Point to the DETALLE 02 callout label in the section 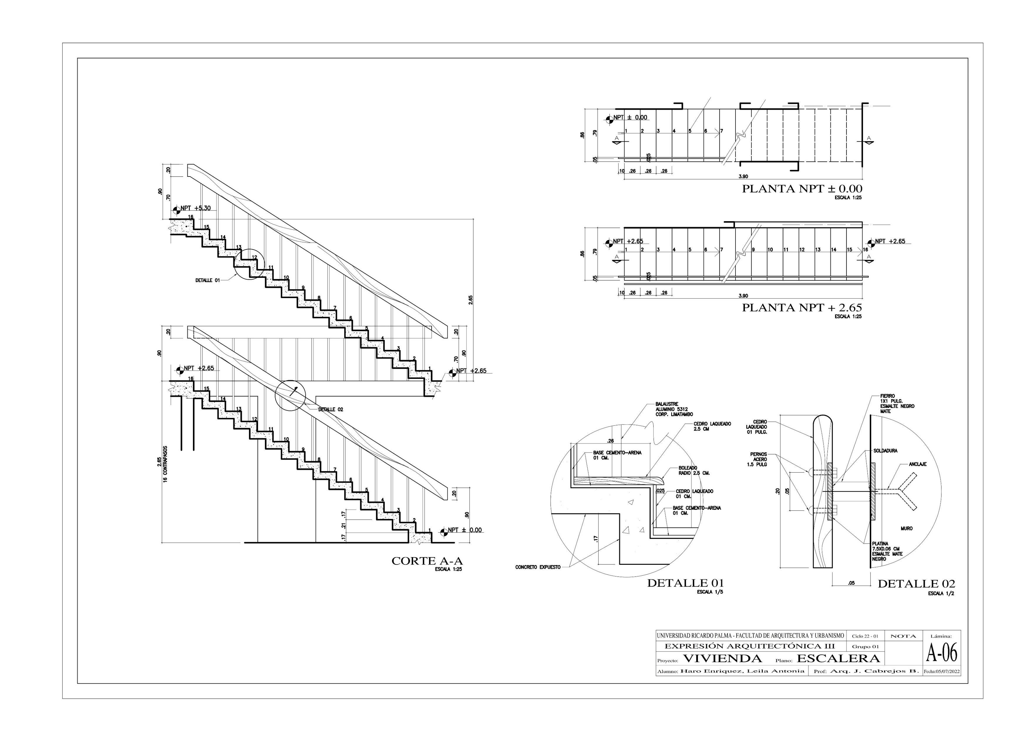pyautogui.click(x=330, y=409)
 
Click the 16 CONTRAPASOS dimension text pyautogui.click(x=165, y=470)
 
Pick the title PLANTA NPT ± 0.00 pyautogui.click(x=802, y=189)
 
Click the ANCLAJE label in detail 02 pyautogui.click(x=917, y=464)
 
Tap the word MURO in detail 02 pyautogui.click(x=906, y=528)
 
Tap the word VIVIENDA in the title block pyautogui.click(x=723, y=658)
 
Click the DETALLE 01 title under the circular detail pyautogui.click(x=685, y=583)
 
